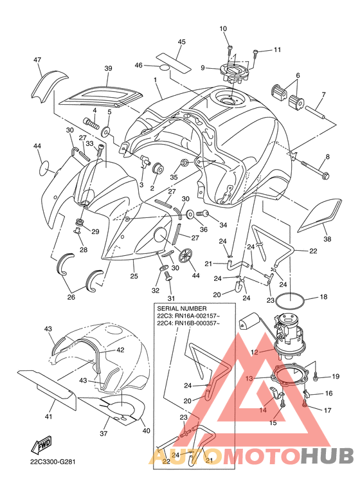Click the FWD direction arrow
coord(41,446)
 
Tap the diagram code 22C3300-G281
coord(53,462)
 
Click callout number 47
coord(37,60)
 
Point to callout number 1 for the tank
coord(156,80)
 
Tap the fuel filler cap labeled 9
coord(231,71)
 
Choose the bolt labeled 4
coord(90,122)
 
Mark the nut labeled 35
coord(183,163)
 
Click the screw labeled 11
coord(255,52)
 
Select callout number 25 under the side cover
coord(134,276)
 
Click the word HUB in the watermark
coord(327,455)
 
